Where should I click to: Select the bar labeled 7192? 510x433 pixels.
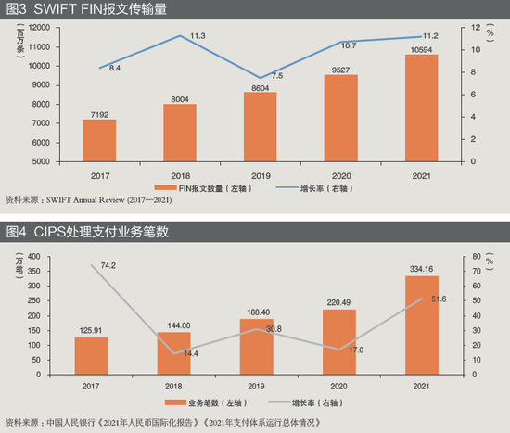pyautogui.click(x=99, y=140)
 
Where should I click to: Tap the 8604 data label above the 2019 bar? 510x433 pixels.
pyautogui.click(x=259, y=84)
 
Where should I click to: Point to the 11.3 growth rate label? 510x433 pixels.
pyautogui.click(x=198, y=35)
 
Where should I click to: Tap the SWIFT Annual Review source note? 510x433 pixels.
pyautogui.click(x=97, y=199)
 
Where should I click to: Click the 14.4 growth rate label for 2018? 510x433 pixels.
pyautogui.click(x=193, y=353)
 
